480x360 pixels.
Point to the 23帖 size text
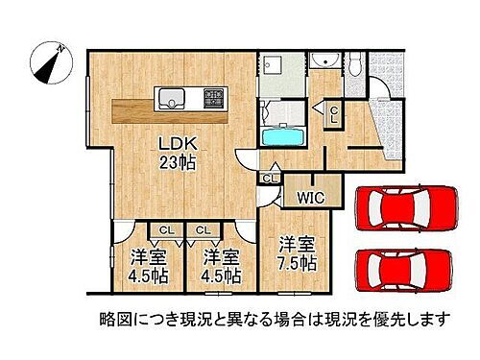177,163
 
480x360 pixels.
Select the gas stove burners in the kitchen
211,97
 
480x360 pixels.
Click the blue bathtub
283,133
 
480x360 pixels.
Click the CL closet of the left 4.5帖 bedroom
165,230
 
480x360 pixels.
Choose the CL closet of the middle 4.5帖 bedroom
204,230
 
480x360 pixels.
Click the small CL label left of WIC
270,178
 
